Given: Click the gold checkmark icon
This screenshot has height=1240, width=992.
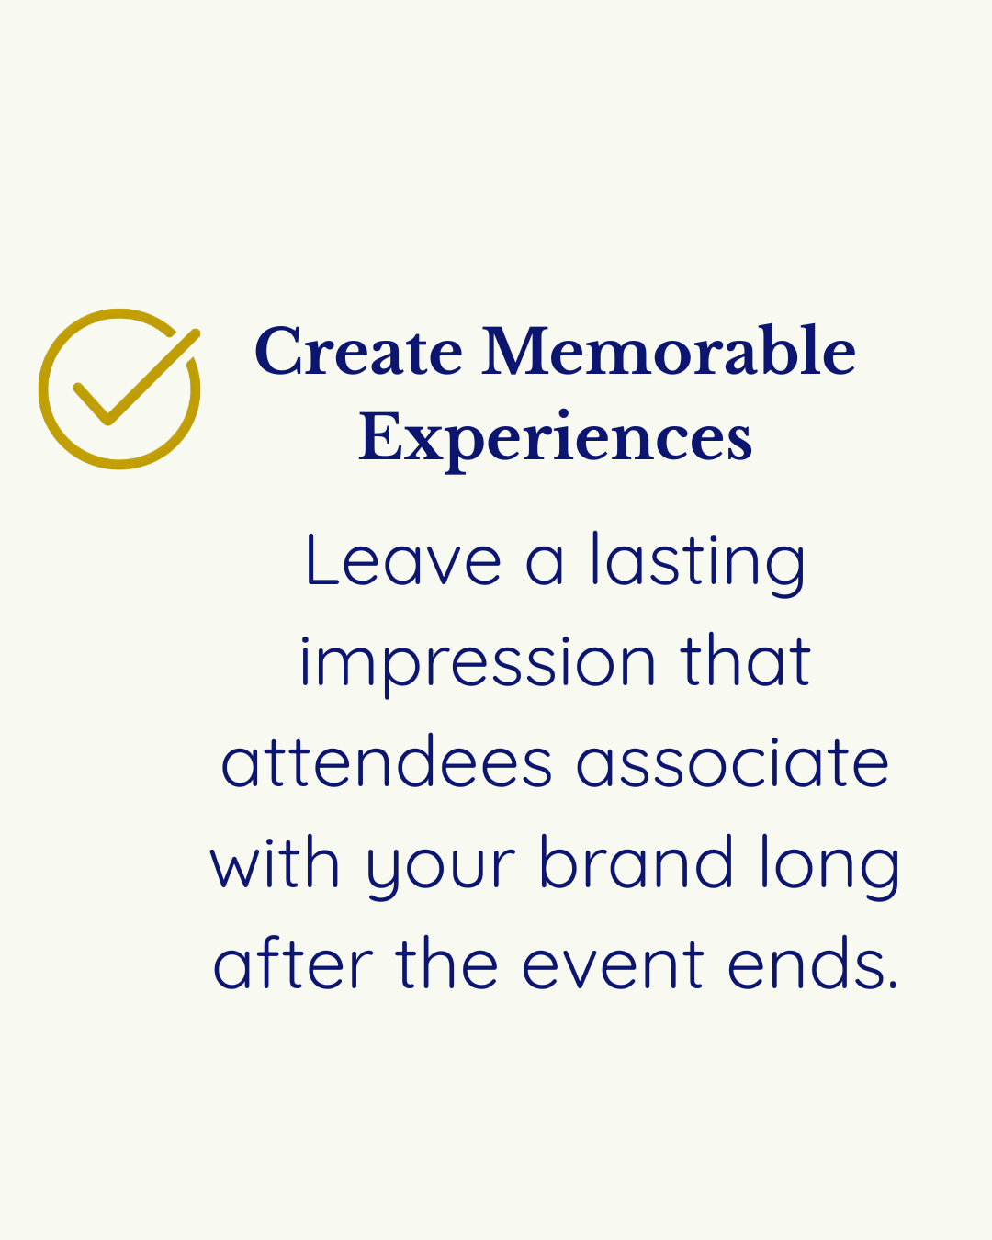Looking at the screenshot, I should coord(119,389).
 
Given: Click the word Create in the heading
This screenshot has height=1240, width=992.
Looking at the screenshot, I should coord(358,352).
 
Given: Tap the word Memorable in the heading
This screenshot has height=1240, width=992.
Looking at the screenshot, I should coord(669,352).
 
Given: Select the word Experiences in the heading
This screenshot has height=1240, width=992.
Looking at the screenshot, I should coord(555,438).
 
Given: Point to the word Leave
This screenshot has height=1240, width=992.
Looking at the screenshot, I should coord(402,562).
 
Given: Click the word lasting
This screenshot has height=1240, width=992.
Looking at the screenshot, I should coord(697,562).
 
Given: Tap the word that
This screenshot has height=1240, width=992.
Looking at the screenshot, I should coord(746,661).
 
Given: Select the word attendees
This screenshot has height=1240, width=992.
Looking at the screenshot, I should coord(387,763).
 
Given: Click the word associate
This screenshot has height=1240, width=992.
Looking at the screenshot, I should coord(732,763).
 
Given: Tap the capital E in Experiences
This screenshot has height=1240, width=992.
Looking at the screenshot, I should coord(380,437).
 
